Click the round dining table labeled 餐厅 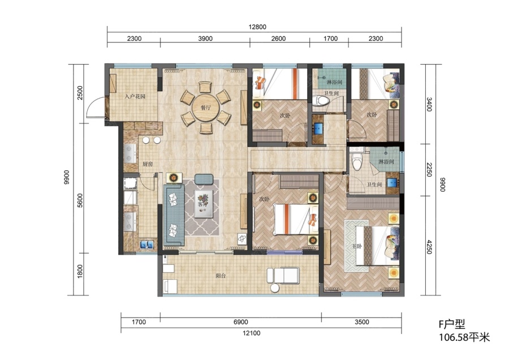(x=205, y=108)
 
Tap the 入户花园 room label (x=135, y=96)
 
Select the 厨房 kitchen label (x=148, y=164)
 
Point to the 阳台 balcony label (x=221, y=276)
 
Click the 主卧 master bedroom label (x=357, y=246)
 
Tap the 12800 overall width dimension (x=257, y=27)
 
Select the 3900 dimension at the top (x=205, y=38)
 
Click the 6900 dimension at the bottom (x=240, y=322)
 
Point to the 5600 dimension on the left (x=80, y=200)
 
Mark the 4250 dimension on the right (x=429, y=247)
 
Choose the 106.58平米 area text (x=464, y=337)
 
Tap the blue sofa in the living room (x=174, y=215)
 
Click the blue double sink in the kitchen (x=147, y=245)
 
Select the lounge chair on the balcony (x=283, y=276)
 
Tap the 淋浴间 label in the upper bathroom (x=334, y=82)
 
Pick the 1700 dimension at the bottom (x=139, y=322)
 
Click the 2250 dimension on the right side (x=429, y=170)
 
